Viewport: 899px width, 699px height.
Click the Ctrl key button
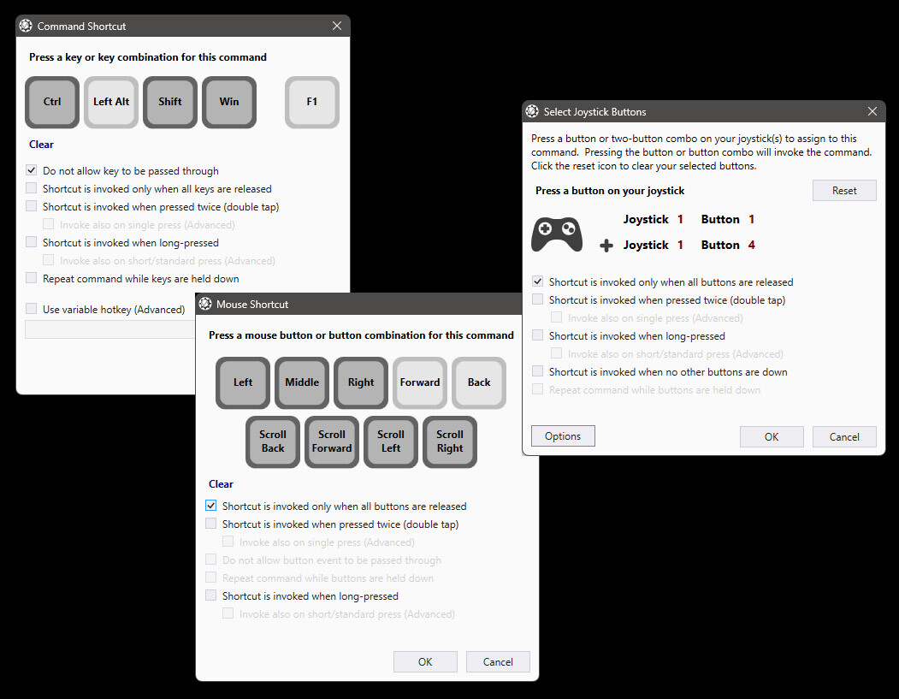click(52, 102)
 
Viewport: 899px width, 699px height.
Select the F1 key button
click(312, 102)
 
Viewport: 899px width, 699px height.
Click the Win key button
click(229, 102)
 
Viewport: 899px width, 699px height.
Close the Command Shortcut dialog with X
click(336, 27)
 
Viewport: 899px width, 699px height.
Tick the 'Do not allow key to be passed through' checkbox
click(32, 171)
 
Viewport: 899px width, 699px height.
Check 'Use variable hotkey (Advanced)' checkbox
click(32, 310)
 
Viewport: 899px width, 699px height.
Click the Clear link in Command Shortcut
click(41, 145)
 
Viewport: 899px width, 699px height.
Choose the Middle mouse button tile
click(302, 382)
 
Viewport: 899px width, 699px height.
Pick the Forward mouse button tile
click(420, 382)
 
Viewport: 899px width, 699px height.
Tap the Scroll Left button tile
click(391, 441)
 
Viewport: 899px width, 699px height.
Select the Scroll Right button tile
click(450, 441)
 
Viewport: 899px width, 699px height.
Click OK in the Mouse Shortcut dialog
click(425, 661)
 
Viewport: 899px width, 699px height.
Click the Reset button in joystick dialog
click(844, 191)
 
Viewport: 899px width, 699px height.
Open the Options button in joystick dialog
click(563, 436)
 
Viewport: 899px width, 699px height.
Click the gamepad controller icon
click(557, 233)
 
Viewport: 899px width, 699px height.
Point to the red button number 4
click(751, 246)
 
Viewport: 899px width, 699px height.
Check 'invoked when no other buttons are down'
click(538, 372)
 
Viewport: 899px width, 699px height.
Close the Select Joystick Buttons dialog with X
click(872, 112)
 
